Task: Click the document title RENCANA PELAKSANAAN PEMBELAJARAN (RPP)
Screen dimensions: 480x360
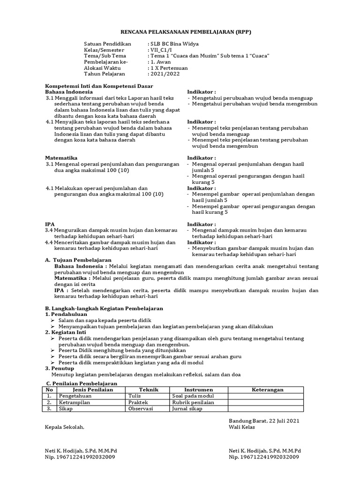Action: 180,31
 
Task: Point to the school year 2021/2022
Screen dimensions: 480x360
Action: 165,74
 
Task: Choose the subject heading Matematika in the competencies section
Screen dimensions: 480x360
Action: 61,158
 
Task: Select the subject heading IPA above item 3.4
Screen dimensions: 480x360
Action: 50,225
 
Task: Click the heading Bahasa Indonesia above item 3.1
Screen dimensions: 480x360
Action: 69,92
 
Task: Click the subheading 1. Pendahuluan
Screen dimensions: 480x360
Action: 69,314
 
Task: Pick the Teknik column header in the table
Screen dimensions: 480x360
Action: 149,390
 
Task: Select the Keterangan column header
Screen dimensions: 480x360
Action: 268,390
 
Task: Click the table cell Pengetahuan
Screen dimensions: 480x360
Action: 75,396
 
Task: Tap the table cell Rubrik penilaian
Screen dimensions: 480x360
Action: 193,402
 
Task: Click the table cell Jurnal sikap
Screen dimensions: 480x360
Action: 187,409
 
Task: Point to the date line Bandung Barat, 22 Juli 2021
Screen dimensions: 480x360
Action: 264,420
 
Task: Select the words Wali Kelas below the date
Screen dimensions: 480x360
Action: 241,427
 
